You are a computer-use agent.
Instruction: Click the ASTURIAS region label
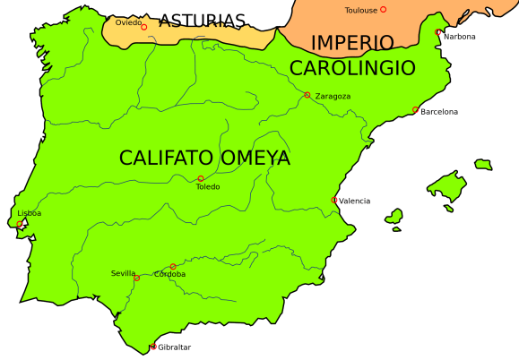(x=202, y=21)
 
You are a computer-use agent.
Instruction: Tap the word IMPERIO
(x=352, y=43)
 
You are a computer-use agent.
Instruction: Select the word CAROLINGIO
(x=352, y=68)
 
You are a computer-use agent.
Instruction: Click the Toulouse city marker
(x=384, y=10)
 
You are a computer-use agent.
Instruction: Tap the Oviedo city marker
(x=143, y=27)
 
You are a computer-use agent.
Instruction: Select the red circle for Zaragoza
(x=307, y=95)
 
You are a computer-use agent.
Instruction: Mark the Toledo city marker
(x=201, y=178)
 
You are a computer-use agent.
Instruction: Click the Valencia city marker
(x=335, y=200)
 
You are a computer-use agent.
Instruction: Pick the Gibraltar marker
(x=153, y=347)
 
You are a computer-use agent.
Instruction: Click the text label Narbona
(x=460, y=37)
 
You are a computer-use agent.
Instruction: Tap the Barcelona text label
(x=439, y=112)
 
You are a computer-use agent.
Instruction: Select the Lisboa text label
(x=29, y=213)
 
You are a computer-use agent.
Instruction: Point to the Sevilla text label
(x=124, y=273)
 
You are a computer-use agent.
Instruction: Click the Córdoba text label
(x=170, y=274)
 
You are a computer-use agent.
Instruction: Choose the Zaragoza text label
(x=333, y=96)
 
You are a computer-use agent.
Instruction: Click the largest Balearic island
(x=447, y=187)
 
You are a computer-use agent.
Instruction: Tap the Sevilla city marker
(x=137, y=279)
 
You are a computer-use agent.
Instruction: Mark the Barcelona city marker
(x=416, y=110)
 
